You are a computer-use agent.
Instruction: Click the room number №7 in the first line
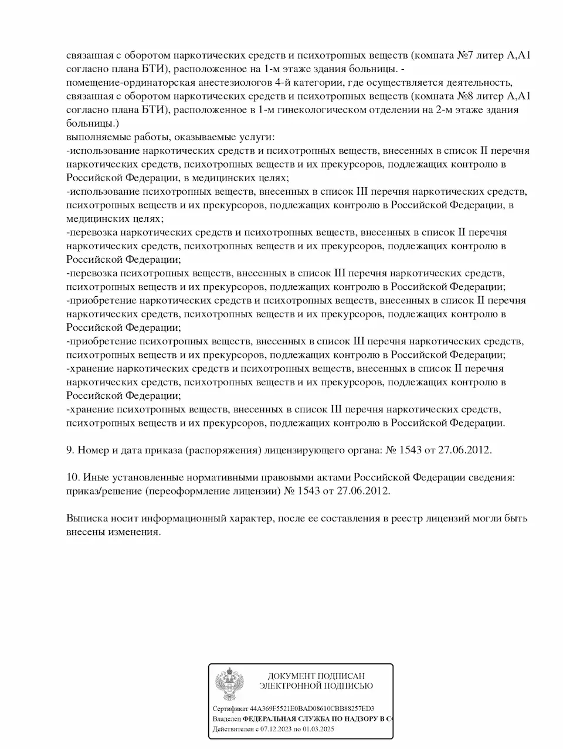[x=464, y=56]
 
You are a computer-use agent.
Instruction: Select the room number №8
[x=464, y=97]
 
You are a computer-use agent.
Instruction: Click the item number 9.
[x=69, y=450]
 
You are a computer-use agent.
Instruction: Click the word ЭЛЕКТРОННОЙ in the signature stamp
[x=290, y=686]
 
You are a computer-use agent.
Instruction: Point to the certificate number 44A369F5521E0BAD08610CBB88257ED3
[x=312, y=708]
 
